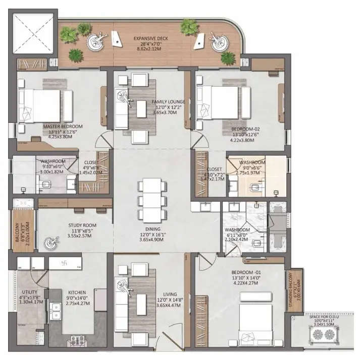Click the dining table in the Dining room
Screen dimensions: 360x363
click(x=151, y=199)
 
